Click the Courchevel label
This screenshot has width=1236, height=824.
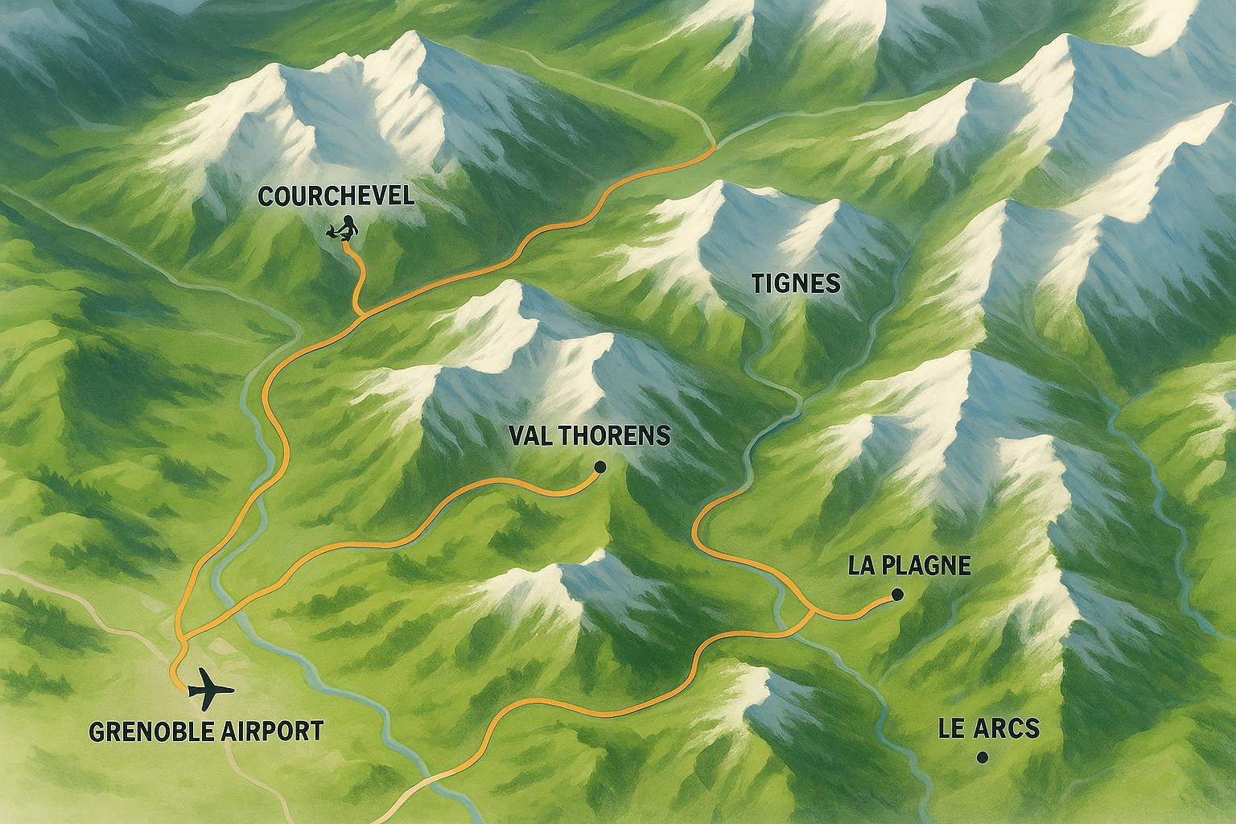pyautogui.click(x=336, y=196)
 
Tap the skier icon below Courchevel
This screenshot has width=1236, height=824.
pyautogui.click(x=344, y=229)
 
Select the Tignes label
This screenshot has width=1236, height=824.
pyautogui.click(x=795, y=283)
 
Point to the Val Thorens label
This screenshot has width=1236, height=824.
pyautogui.click(x=590, y=435)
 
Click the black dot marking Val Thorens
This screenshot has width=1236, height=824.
pyautogui.click(x=599, y=467)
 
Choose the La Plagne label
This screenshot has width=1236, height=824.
pyautogui.click(x=909, y=566)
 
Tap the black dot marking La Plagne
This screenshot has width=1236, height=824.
pyautogui.click(x=897, y=595)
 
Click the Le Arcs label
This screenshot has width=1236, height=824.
pyautogui.click(x=989, y=729)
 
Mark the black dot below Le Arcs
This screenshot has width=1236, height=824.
pyautogui.click(x=981, y=757)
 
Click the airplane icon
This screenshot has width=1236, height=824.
pyautogui.click(x=209, y=689)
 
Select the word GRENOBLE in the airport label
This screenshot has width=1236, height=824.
pyautogui.click(x=150, y=731)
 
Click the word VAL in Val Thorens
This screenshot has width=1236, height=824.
pyautogui.click(x=531, y=435)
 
